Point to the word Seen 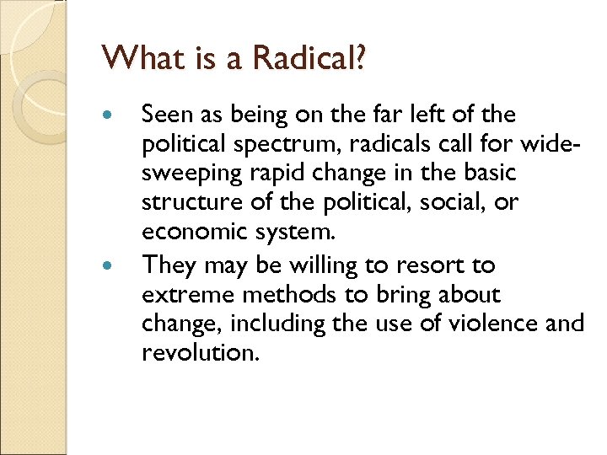[165, 114]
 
